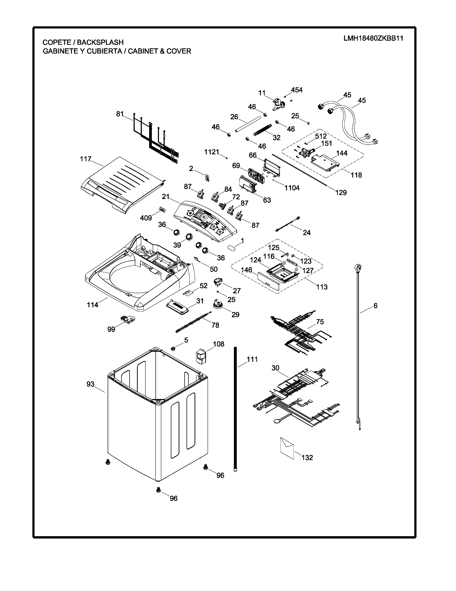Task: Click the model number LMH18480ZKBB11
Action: click(373, 39)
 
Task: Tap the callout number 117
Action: click(86, 159)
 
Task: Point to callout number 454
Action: click(297, 90)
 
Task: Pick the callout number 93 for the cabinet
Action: click(90, 384)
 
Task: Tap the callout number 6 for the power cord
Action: click(376, 306)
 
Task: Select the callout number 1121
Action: click(212, 152)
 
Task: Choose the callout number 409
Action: click(146, 218)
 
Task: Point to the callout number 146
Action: click(246, 270)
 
